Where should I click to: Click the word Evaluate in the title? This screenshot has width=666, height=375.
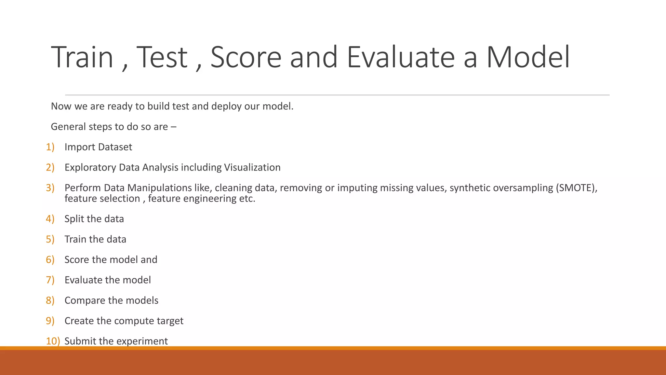(400, 57)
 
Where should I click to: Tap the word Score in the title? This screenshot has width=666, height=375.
(246, 57)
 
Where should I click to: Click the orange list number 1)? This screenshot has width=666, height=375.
(50, 147)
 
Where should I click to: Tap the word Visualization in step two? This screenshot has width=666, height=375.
(252, 167)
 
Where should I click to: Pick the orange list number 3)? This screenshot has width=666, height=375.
(50, 188)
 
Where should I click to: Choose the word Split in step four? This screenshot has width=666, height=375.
(74, 219)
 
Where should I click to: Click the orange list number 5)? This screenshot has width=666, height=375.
(50, 239)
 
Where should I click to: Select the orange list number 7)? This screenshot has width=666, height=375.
(50, 280)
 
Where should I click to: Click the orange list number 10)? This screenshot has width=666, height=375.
(53, 341)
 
